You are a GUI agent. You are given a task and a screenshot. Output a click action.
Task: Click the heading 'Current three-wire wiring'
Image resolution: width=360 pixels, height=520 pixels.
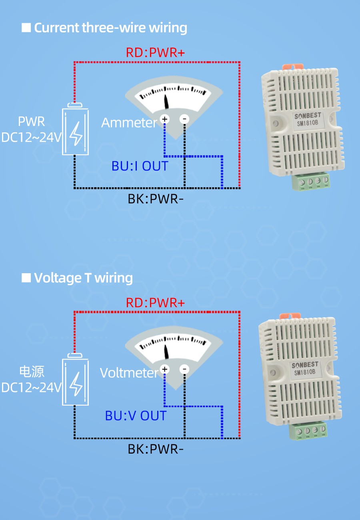point(110,28)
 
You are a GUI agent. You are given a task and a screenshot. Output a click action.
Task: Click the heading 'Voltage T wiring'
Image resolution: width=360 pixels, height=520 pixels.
point(83,278)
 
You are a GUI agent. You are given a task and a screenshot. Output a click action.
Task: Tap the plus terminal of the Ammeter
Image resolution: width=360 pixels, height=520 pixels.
point(164,119)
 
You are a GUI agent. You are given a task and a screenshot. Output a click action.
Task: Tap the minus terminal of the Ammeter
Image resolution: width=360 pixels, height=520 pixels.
point(184,119)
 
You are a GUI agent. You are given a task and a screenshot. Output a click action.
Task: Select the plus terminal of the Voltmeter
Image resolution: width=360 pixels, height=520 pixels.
point(164,369)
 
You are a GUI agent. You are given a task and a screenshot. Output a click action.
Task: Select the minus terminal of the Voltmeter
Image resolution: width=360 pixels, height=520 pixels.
point(184,369)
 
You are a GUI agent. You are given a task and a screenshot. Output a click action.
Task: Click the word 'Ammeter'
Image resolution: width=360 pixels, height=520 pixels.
point(129,123)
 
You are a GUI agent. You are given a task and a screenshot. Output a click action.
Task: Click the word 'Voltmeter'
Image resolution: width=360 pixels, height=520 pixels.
point(129,373)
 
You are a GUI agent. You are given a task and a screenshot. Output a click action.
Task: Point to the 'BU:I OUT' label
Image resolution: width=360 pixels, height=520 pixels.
point(140,166)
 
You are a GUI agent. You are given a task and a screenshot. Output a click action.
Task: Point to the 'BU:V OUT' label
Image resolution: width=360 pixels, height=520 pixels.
point(136,416)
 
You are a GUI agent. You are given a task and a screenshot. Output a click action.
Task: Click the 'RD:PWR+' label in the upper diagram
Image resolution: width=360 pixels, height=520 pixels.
point(155,52)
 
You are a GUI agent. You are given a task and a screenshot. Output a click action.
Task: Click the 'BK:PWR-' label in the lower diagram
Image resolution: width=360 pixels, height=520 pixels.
point(156,449)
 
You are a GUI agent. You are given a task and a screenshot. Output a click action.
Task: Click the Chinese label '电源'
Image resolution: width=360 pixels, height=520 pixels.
point(32,372)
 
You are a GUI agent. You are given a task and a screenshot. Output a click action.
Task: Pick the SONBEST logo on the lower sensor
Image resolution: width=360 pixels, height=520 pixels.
point(305,365)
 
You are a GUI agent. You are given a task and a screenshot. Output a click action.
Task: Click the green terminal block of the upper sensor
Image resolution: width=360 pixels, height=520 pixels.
point(314,182)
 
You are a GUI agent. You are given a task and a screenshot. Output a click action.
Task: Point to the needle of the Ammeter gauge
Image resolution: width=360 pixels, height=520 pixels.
point(166,102)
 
